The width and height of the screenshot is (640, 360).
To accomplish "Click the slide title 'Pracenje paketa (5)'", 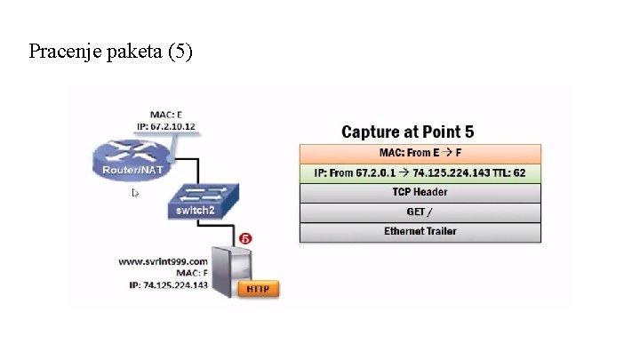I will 110,52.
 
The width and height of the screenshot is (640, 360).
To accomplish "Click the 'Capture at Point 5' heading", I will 420,132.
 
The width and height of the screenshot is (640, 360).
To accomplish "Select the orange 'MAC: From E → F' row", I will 420,153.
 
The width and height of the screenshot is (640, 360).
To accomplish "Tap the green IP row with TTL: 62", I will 420,172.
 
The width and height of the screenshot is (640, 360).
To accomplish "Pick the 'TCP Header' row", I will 420,192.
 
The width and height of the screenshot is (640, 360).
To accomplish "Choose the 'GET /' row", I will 420,212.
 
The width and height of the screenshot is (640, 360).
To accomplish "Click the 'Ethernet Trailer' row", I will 420,231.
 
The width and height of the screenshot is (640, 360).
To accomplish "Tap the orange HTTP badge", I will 259,288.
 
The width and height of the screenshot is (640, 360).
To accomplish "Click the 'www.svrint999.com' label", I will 156,261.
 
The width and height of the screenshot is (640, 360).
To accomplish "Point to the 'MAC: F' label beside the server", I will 191,273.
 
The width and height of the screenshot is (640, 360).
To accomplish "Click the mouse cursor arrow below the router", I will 135,192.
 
